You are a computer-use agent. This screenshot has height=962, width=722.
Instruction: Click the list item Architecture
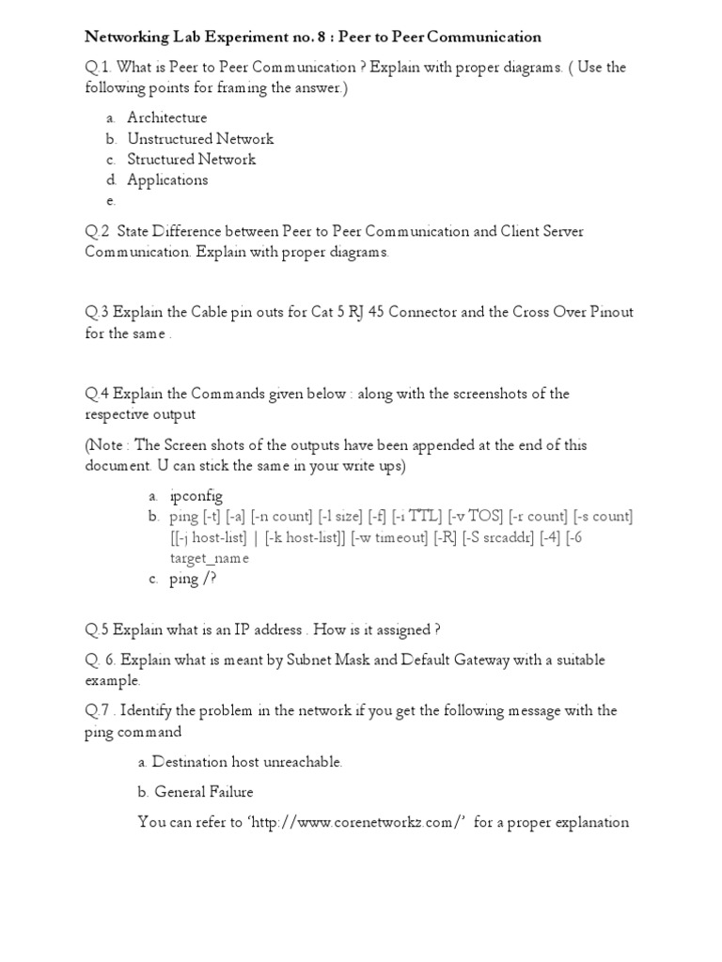pos(167,117)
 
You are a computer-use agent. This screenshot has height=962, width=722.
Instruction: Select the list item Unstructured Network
pos(200,138)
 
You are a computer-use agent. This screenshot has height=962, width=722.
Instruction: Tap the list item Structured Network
pos(192,159)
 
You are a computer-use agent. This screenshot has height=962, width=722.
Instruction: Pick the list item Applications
pos(167,179)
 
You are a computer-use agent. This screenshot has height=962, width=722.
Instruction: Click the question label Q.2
pos(98,231)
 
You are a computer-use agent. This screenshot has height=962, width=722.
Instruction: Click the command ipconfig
pos(196,496)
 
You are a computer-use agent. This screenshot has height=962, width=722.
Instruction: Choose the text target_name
pos(210,558)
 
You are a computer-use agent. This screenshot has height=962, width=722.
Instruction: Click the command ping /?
pos(193,579)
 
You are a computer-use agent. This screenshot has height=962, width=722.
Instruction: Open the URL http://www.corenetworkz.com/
pos(356,822)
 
